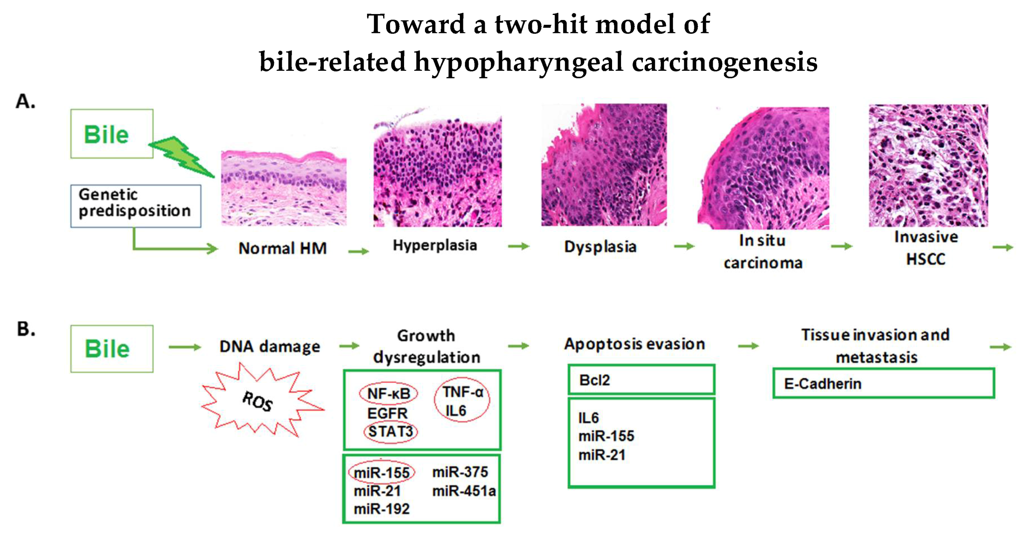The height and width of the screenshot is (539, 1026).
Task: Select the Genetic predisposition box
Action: [136, 206]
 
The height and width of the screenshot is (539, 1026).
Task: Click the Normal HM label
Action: [283, 248]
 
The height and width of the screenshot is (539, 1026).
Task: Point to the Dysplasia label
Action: [600, 246]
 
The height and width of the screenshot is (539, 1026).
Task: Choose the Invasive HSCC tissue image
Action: [928, 165]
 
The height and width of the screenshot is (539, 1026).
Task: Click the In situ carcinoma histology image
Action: [763, 168]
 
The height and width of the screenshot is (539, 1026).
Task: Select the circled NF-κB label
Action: [388, 393]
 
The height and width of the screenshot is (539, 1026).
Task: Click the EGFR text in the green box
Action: [387, 413]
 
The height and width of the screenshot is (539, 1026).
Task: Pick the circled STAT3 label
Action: [390, 432]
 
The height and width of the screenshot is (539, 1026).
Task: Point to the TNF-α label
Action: [462, 392]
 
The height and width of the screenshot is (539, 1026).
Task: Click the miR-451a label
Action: [464, 491]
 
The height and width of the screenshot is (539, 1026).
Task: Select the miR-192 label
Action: [381, 509]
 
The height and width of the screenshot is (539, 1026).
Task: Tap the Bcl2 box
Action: [641, 379]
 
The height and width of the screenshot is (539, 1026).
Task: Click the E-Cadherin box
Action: [884, 383]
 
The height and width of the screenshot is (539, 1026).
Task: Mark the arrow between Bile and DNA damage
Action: [185, 347]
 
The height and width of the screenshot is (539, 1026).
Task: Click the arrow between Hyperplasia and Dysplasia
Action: [519, 246]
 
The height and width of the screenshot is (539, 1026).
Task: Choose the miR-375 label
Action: [460, 472]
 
